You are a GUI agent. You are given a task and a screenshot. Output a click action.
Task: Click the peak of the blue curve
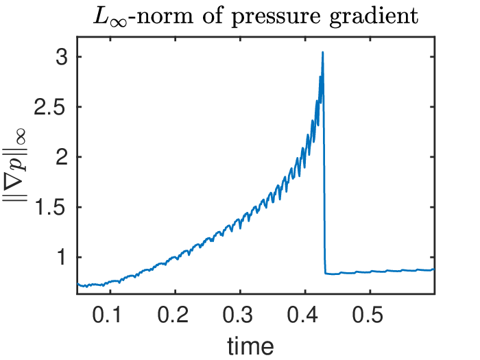pos(323,52)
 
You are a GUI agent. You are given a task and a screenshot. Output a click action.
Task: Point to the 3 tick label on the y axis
pos(61,57)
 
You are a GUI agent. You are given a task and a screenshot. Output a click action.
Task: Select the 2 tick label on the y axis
pos(61,157)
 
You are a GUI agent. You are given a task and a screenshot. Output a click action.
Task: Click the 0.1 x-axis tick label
pos(107,314)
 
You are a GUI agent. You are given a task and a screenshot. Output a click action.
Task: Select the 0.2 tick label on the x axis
pos(173,314)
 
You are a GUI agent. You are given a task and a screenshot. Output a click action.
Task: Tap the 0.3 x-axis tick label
pos(238,314)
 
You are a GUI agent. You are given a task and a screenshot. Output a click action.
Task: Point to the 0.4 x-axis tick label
pos(303,314)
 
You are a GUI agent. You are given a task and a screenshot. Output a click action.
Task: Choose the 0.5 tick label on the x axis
pos(368,314)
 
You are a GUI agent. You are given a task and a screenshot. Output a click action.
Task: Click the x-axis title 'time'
pos(250,346)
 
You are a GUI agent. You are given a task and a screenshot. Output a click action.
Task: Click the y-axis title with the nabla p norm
pos(15,165)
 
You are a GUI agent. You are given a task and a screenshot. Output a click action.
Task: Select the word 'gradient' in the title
pos(374,16)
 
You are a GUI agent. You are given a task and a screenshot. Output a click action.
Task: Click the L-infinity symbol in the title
pos(110,18)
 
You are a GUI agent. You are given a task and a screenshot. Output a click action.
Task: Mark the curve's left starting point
pos(77,283)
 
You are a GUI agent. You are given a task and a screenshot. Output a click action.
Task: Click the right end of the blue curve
pos(434,269)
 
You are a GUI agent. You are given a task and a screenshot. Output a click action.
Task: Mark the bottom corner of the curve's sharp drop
pos(326,274)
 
